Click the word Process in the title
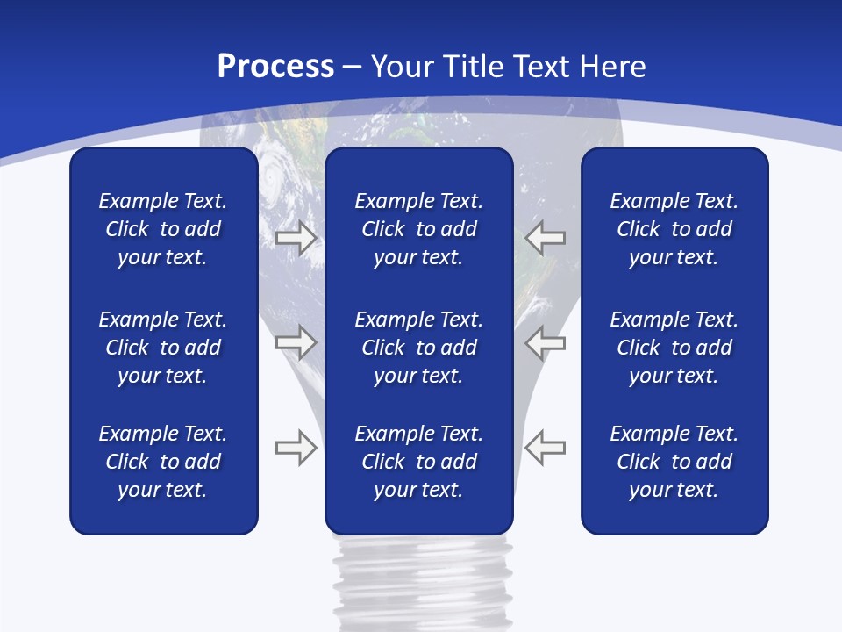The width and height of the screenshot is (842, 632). click(x=275, y=67)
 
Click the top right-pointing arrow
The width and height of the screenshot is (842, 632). click(x=296, y=238)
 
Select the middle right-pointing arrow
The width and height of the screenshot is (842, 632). click(x=296, y=341)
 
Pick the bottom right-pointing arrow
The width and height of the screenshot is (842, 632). click(x=296, y=448)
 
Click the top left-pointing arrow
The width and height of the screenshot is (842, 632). click(x=545, y=238)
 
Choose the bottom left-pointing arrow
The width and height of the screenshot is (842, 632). click(x=545, y=448)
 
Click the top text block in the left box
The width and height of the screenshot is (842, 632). click(x=163, y=229)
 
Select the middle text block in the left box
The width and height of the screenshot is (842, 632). click(x=163, y=348)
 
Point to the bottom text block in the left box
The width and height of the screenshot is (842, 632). click(x=163, y=462)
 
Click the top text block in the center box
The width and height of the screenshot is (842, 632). click(x=418, y=229)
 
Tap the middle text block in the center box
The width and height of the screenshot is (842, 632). click(x=418, y=348)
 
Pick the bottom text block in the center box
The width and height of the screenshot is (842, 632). click(x=418, y=462)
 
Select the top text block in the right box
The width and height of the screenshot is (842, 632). click(x=674, y=229)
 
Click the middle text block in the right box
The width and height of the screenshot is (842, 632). click(x=674, y=348)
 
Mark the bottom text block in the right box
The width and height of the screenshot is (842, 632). click(x=674, y=462)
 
